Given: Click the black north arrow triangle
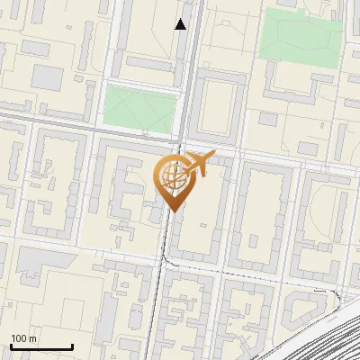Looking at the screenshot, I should pos(181,24).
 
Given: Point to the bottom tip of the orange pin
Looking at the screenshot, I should pos(173,211).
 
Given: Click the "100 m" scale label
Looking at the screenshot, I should pos(23,338).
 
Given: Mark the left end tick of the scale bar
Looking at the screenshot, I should pos(11,346).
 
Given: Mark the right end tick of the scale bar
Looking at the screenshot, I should pos(72,346).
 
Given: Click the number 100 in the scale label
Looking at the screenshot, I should pos(19,338).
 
